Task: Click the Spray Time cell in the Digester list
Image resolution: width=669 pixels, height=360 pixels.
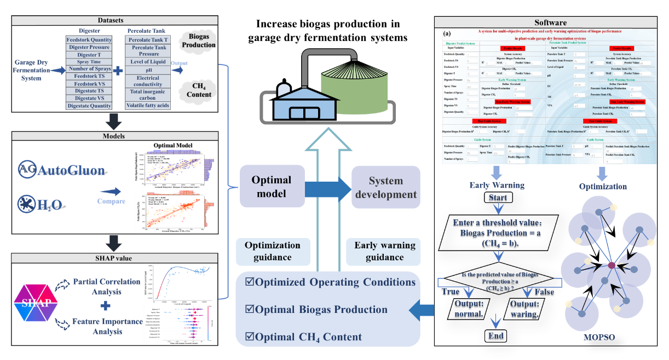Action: click(x=89, y=62)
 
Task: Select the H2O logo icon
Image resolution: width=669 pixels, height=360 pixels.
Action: click(x=26, y=204)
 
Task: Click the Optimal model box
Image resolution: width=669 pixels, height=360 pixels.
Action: click(x=272, y=187)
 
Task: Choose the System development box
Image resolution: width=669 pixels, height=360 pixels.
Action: click(x=385, y=187)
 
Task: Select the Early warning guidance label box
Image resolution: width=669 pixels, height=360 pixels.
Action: click(x=385, y=251)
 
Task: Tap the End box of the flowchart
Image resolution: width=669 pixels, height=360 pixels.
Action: click(x=497, y=335)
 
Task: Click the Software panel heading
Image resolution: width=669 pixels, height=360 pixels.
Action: click(x=550, y=22)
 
